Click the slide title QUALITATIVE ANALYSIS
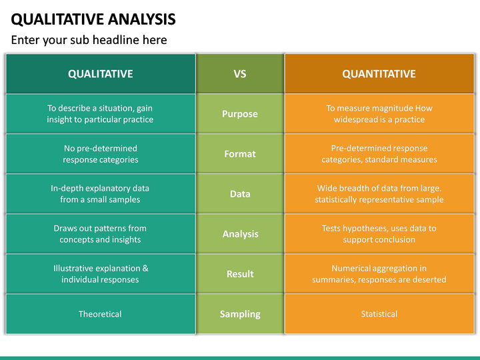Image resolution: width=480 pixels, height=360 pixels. [93, 18]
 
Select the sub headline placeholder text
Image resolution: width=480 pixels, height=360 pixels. [89, 40]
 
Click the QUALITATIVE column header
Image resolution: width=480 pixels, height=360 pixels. [100, 74]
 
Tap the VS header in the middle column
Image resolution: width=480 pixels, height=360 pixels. [240, 74]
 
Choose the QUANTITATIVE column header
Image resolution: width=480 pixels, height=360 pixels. [379, 74]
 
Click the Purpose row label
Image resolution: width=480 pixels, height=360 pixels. [240, 114]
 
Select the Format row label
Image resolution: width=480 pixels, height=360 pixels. [240, 154]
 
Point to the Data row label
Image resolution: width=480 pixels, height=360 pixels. [240, 194]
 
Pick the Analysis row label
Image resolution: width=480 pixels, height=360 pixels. [240, 234]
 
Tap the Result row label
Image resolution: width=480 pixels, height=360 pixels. [240, 274]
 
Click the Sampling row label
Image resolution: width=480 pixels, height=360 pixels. [240, 314]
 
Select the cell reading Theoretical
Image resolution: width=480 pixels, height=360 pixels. [100, 314]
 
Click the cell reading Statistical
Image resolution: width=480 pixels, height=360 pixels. [379, 314]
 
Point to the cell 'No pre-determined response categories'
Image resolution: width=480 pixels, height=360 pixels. [100, 154]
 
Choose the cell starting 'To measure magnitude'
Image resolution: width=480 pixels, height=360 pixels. [379, 114]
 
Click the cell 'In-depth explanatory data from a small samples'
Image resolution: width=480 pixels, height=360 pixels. [100, 194]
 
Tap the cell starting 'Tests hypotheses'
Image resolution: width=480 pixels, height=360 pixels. [379, 234]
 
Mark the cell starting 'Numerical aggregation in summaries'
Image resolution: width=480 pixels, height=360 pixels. [379, 274]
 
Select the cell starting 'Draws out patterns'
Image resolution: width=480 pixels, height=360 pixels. [100, 234]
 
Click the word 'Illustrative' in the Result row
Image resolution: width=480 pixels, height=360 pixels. [75, 269]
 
